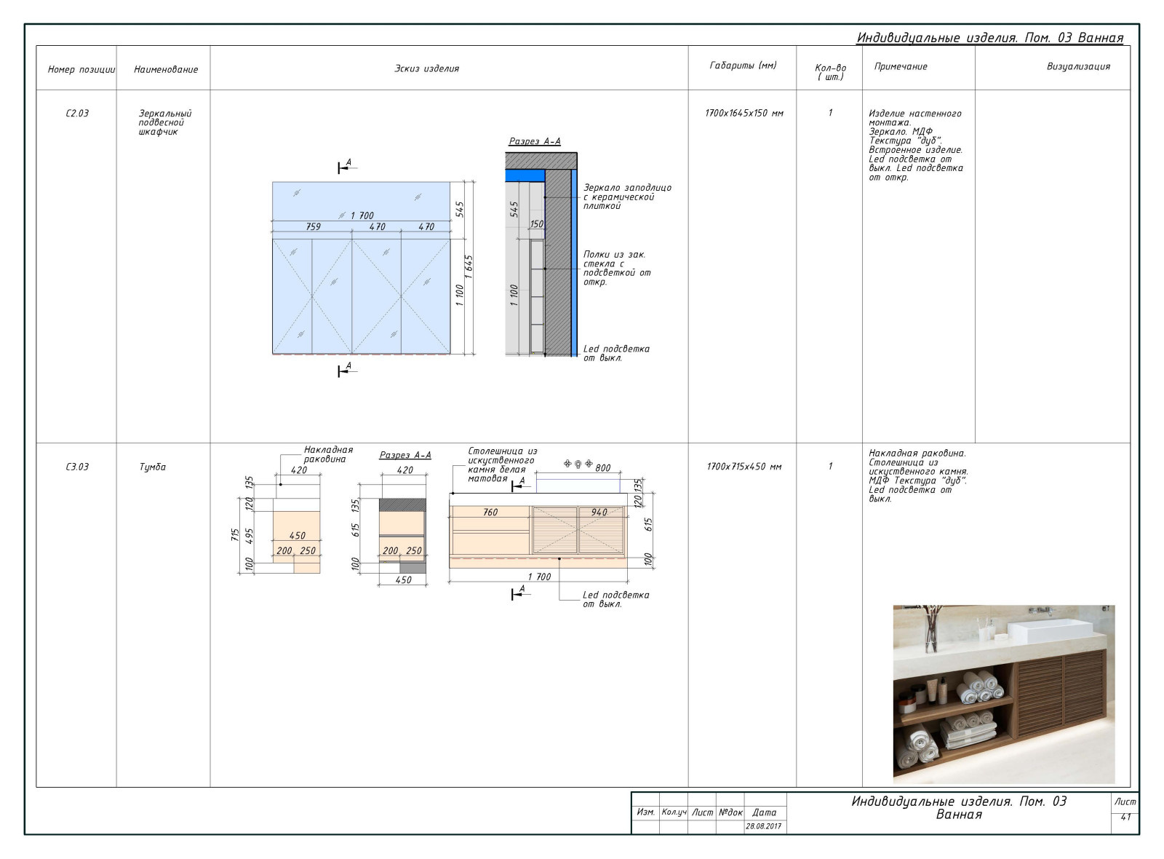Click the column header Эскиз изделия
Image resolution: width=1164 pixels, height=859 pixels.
(426, 68)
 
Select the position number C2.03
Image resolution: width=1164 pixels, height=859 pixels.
(77, 114)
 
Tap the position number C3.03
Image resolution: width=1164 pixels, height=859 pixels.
(77, 467)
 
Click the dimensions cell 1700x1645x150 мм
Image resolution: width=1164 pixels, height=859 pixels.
(744, 114)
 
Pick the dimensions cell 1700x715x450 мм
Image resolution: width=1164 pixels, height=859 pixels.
(744, 467)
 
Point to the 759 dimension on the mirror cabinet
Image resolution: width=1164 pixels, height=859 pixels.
(313, 226)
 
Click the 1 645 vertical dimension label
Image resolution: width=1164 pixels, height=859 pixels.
(469, 266)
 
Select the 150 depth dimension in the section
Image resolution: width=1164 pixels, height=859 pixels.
(537, 224)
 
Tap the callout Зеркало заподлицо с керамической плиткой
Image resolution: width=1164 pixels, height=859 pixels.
(626, 197)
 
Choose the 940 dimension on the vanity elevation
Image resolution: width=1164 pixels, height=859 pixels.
(599, 512)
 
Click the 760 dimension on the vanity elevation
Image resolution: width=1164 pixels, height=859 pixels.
(490, 512)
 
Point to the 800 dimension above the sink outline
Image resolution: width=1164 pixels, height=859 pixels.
(603, 468)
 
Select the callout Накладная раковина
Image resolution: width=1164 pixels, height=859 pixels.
(328, 454)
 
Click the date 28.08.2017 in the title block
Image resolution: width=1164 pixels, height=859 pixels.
(763, 826)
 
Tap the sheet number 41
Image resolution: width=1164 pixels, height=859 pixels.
(1125, 818)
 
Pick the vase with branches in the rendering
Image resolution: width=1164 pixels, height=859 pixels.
(930, 629)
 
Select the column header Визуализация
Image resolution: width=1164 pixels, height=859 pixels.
(1078, 66)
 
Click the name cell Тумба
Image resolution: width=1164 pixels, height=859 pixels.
(152, 467)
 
